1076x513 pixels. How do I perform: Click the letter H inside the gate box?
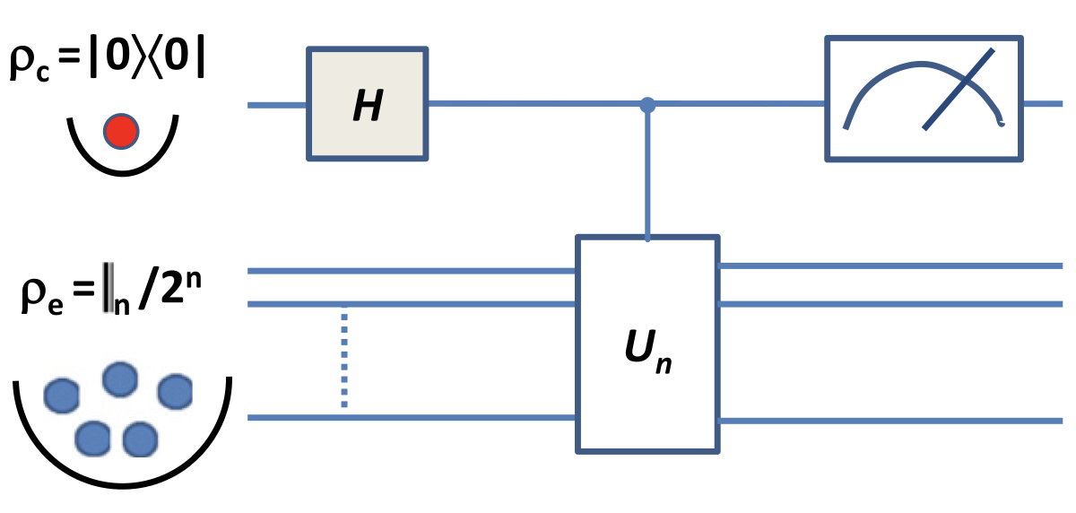pyautogui.click(x=368, y=105)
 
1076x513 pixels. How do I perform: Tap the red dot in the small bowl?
pyautogui.click(x=120, y=132)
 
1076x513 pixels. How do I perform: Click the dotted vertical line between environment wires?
pyautogui.click(x=343, y=359)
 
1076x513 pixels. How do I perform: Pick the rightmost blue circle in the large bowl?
pyautogui.click(x=176, y=391)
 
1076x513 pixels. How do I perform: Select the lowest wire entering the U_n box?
pyautogui.click(x=412, y=417)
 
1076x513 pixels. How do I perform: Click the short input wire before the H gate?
pyautogui.click(x=277, y=106)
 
